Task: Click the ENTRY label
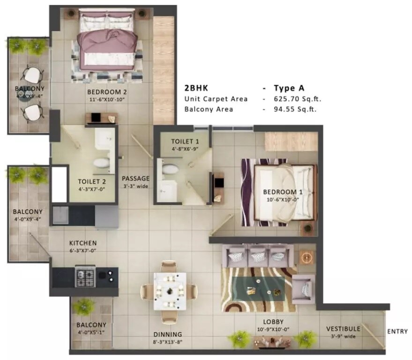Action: click(x=397, y=331)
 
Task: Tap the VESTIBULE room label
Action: click(x=343, y=329)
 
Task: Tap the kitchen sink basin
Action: click(x=61, y=215)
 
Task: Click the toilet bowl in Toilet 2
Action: click(x=101, y=164)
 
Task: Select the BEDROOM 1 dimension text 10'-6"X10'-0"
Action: click(x=280, y=199)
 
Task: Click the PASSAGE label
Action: click(x=135, y=178)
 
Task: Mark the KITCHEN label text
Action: click(x=83, y=243)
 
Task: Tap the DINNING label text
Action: click(x=167, y=334)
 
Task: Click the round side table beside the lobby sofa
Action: click(x=306, y=257)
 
